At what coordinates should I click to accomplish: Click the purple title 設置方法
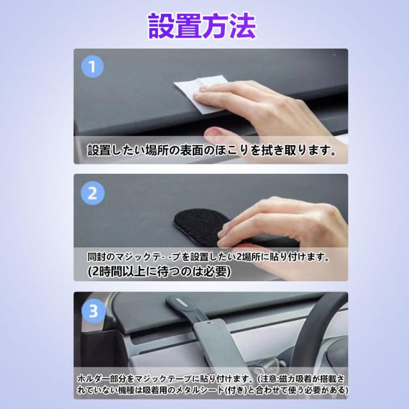point(202,26)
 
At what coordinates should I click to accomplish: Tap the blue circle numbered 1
point(93,66)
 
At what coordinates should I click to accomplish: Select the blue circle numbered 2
point(93,193)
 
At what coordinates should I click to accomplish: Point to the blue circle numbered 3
point(93,311)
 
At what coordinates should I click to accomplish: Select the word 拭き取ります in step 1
point(295,151)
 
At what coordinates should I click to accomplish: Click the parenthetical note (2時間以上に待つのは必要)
point(159,272)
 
